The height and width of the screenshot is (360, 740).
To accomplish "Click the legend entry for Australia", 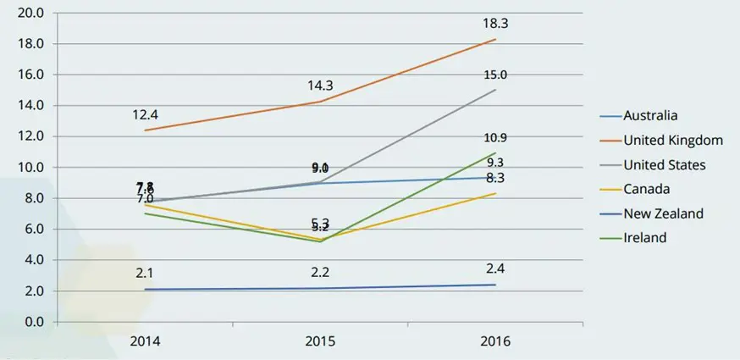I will (x=650, y=116).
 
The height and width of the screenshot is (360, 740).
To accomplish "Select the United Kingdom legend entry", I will (x=672, y=140).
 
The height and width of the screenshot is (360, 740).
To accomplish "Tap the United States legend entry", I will (x=664, y=164).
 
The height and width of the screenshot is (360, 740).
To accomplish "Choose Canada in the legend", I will (x=645, y=189).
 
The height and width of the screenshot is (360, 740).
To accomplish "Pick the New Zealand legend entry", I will (x=663, y=213).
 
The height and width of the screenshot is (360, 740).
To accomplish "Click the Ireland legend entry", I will (x=644, y=238).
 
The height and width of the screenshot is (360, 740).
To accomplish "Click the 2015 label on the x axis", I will (x=320, y=341).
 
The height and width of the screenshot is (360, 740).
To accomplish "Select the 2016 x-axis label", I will (x=495, y=341).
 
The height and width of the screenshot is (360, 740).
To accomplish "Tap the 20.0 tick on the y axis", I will (x=30, y=14).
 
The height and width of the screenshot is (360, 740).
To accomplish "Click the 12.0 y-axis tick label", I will (x=30, y=136).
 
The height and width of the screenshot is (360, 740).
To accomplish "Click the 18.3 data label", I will (x=495, y=25).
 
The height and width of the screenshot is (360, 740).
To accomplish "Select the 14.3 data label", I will (x=321, y=86).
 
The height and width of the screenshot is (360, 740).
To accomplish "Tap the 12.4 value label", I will (x=146, y=114).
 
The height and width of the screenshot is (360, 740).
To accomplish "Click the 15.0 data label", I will (x=495, y=75).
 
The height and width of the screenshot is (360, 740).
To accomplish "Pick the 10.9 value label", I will (x=495, y=137).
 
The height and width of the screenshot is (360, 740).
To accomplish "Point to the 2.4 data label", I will (x=495, y=268).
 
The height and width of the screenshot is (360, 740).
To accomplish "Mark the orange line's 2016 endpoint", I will (x=495, y=39).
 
